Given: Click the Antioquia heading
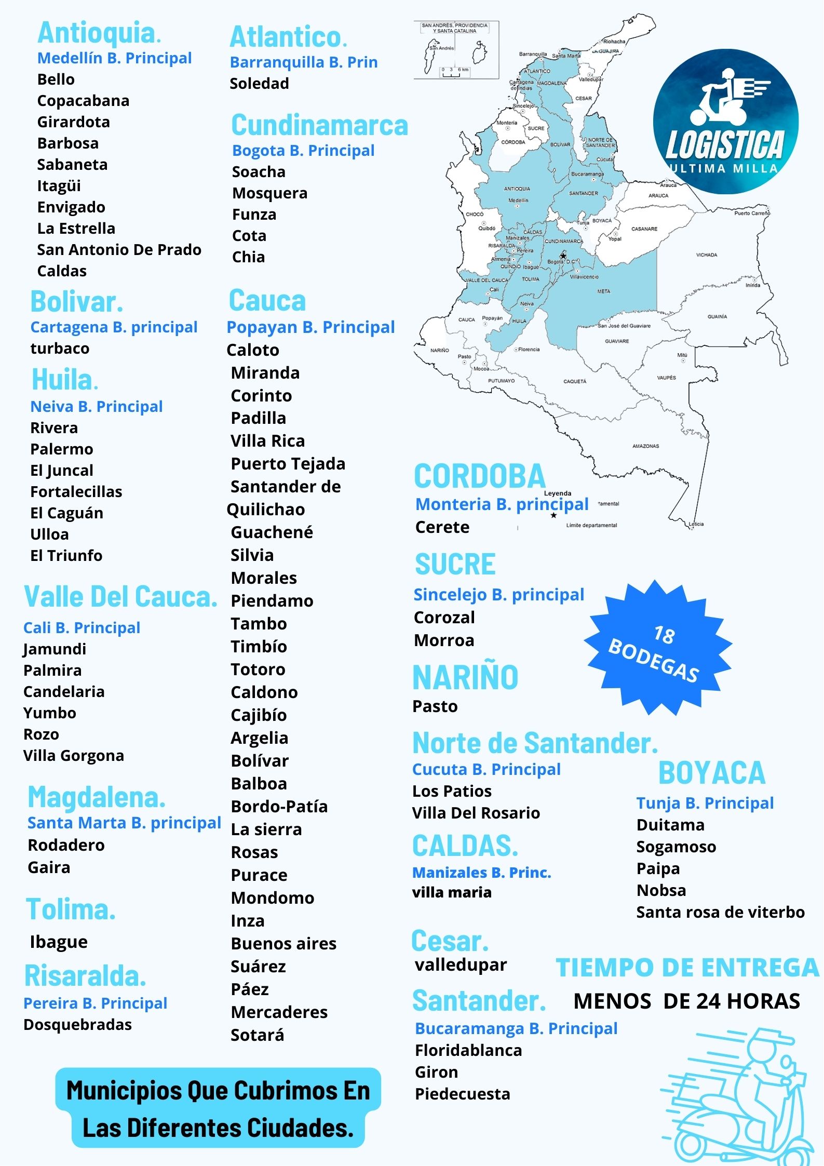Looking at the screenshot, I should click(99, 33).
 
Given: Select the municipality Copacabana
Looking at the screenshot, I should click(83, 101).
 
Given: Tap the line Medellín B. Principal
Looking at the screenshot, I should click(114, 58).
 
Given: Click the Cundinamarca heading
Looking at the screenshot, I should click(319, 125).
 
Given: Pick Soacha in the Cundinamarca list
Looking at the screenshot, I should click(259, 172).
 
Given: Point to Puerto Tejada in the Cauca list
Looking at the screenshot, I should click(288, 464).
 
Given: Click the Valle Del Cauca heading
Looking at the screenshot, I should click(120, 597).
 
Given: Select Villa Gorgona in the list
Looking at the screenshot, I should click(73, 756).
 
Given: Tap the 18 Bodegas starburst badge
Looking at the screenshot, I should click(657, 648).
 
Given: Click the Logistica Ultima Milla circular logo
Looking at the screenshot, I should click(725, 122).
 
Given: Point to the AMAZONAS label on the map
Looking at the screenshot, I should click(645, 446).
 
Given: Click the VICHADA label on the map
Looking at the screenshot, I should click(706, 255).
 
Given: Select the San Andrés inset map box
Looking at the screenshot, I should click(456, 50).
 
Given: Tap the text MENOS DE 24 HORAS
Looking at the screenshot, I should click(686, 1001).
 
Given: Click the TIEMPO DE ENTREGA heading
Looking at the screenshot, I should click(687, 968).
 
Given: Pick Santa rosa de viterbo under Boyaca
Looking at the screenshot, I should click(720, 913).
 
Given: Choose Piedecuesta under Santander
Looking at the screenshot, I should click(462, 1094).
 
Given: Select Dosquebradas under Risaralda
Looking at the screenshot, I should click(77, 1025).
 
